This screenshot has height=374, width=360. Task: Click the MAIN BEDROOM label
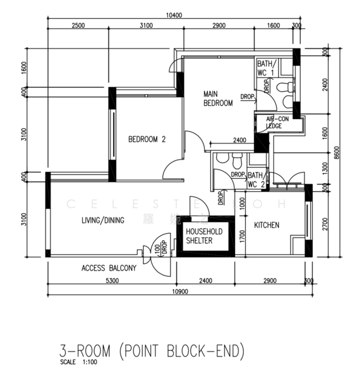(218, 99)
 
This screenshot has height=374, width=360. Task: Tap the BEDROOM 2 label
(147, 140)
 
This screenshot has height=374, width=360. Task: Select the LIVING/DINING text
(103, 220)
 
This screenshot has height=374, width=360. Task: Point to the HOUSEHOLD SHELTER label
(203, 236)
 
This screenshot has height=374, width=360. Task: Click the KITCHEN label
(266, 225)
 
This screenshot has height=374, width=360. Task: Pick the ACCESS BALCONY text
(109, 269)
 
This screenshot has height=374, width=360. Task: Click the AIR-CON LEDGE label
(276, 122)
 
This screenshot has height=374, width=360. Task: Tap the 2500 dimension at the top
(78, 26)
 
